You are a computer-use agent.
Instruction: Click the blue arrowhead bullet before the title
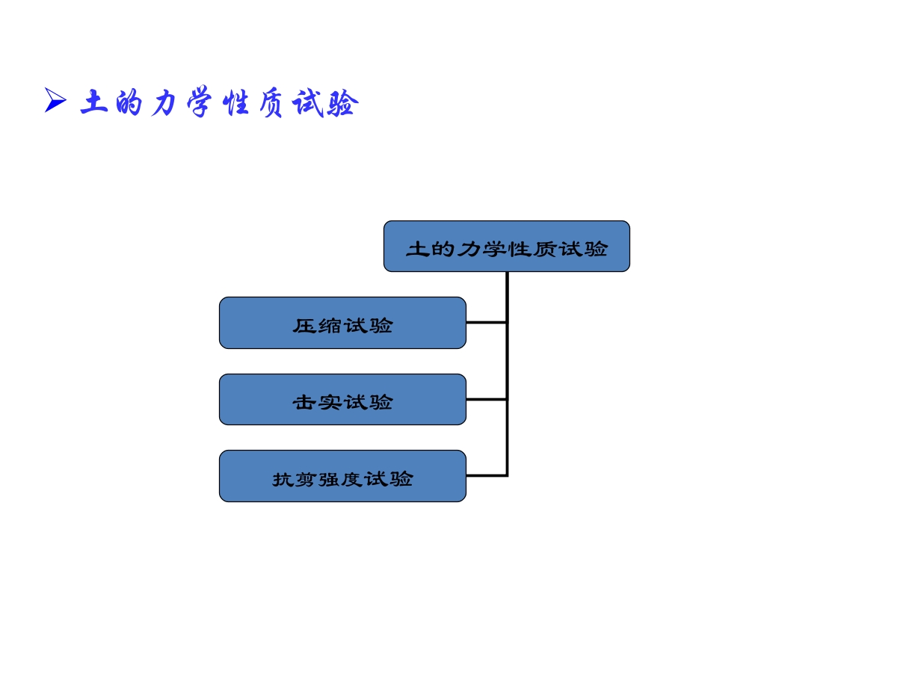click(55, 100)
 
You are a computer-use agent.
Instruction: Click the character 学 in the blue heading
click(200, 102)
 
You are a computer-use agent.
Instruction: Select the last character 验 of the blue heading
click(342, 103)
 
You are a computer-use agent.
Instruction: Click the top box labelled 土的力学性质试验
click(507, 246)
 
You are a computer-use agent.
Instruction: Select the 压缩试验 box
click(342, 323)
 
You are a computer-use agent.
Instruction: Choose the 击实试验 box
click(342, 400)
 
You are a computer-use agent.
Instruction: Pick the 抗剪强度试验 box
click(342, 476)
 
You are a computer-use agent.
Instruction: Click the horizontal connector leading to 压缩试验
click(486, 322)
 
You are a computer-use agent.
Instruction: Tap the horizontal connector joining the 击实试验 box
click(486, 400)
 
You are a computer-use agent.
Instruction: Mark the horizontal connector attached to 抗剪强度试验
click(486, 475)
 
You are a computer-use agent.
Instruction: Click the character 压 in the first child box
click(304, 326)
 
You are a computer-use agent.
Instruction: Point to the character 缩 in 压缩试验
click(330, 326)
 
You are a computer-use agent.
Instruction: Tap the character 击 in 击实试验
click(304, 402)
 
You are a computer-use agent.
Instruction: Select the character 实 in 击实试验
click(330, 402)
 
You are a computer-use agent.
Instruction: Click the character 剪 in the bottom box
click(306, 480)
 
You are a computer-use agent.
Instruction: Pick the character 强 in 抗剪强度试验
click(330, 480)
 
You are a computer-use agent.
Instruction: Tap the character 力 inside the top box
click(469, 249)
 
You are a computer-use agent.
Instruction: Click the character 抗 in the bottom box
click(283, 480)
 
